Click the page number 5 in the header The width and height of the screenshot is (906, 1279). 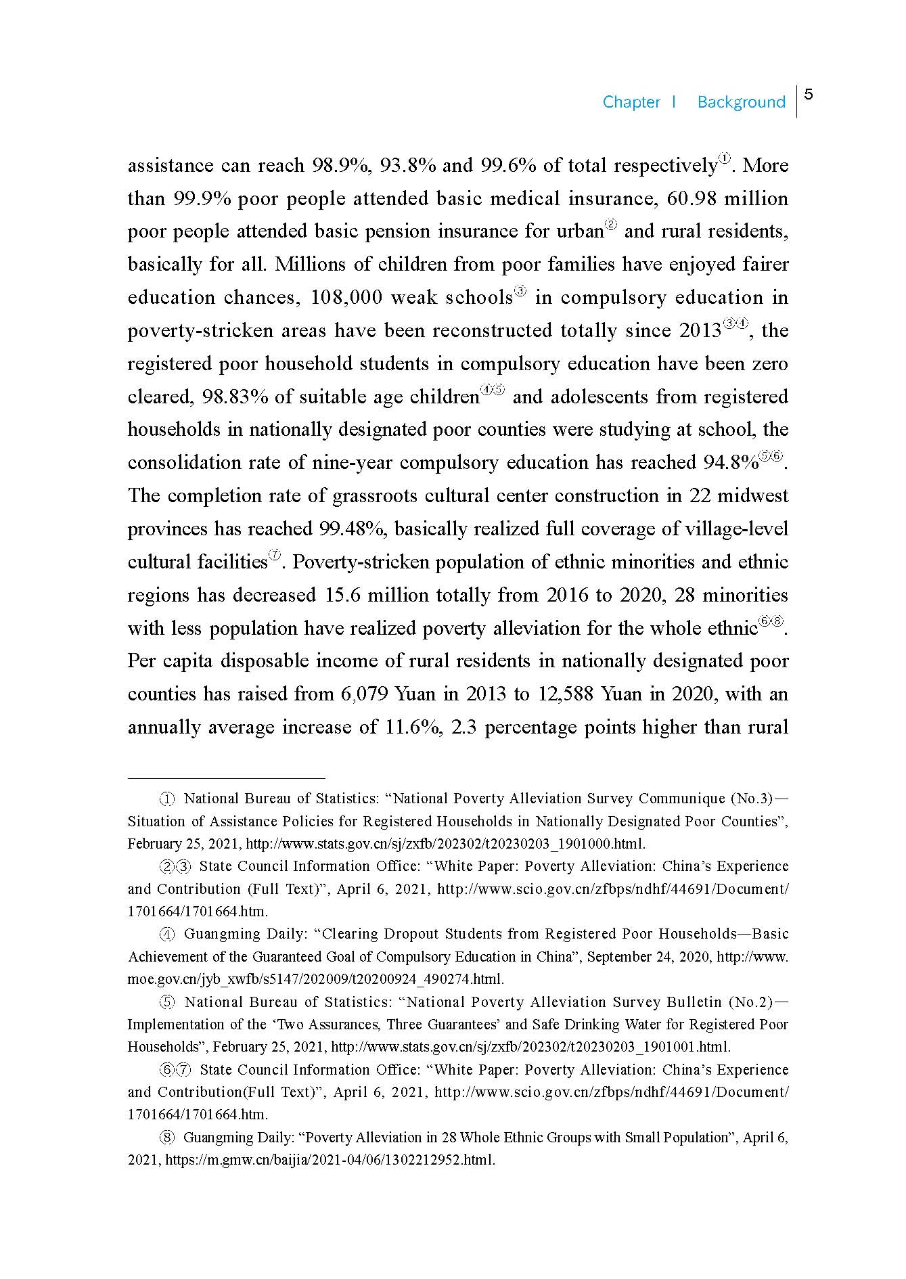[x=809, y=95]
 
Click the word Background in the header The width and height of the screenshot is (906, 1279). [x=741, y=102]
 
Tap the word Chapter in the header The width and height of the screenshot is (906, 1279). [x=631, y=102]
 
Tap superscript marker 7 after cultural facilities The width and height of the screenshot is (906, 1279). [x=275, y=556]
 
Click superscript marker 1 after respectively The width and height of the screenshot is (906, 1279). [x=724, y=159]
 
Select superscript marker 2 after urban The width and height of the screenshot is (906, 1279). [x=610, y=225]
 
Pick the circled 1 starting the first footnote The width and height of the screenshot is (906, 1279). [x=167, y=799]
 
